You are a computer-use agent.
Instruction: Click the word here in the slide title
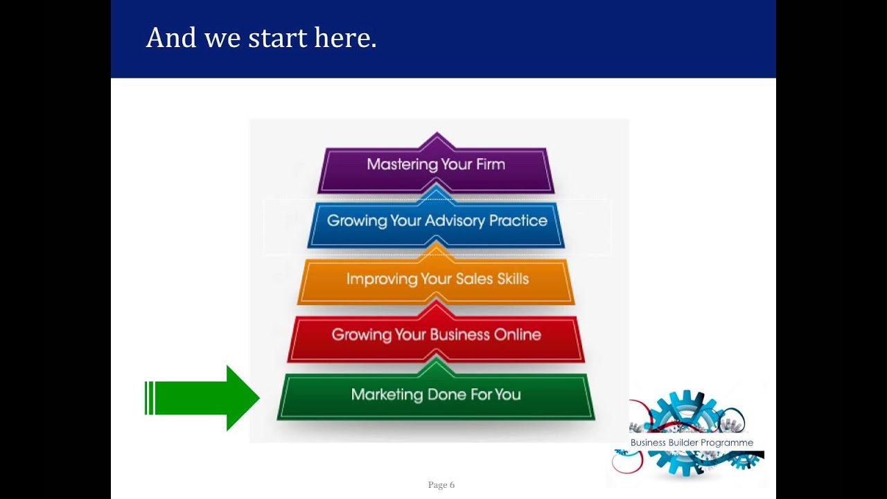pos(345,38)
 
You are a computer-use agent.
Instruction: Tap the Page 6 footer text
pos(441,485)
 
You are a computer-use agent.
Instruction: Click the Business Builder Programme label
pos(692,443)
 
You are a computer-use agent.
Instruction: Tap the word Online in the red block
pos(517,335)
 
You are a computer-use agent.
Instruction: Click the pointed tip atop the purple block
pos(436,137)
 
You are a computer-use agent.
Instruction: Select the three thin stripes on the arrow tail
pos(149,398)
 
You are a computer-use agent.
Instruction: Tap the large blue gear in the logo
pos(683,416)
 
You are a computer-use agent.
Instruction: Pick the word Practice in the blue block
pos(518,220)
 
